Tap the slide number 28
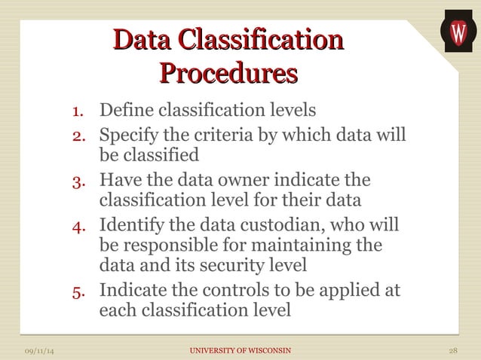click(x=453, y=350)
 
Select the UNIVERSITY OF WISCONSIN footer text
click(x=240, y=350)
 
